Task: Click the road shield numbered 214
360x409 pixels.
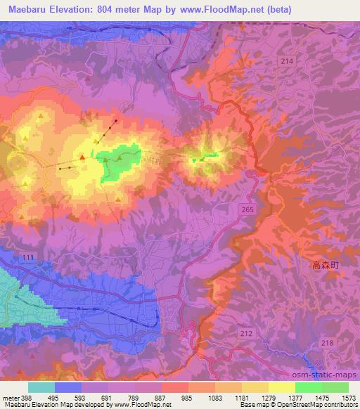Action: pos(286,63)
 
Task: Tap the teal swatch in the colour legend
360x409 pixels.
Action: pos(41,387)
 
